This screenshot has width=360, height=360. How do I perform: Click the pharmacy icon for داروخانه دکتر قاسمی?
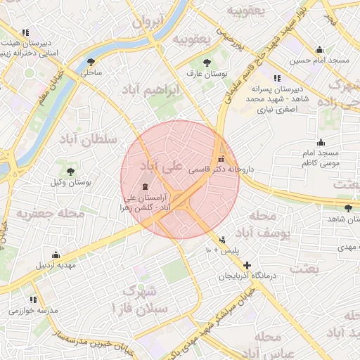pyautogui.click(x=222, y=158)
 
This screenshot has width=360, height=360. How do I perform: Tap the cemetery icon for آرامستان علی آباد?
pyautogui.click(x=145, y=187)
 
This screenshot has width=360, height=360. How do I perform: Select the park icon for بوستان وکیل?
pyautogui.click(x=70, y=171)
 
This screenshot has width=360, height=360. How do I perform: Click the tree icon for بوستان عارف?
pyautogui.click(x=206, y=62)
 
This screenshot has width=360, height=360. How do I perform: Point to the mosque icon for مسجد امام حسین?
pyautogui.click(x=320, y=49)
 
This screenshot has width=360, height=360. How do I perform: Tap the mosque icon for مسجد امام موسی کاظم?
pyautogui.click(x=321, y=142)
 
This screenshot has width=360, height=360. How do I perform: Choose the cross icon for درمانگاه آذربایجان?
pyautogui.click(x=247, y=265)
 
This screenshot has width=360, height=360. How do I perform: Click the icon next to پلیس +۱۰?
pyautogui.click(x=223, y=239)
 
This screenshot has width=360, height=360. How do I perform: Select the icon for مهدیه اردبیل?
pyautogui.click(x=56, y=255)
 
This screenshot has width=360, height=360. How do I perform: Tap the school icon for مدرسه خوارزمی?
pyautogui.click(x=33, y=300)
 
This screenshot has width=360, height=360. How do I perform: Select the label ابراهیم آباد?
pyautogui.click(x=161, y=91)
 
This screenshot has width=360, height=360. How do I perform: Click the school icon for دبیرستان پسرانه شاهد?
pyautogui.click(x=278, y=78)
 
